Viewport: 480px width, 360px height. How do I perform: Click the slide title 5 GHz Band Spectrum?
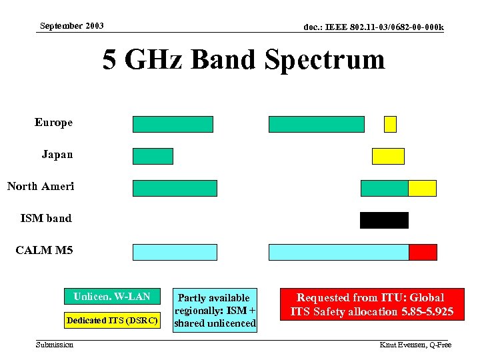pos(243,59)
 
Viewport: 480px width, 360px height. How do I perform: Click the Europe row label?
pos(53,123)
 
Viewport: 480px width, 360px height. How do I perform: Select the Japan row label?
pos(57,154)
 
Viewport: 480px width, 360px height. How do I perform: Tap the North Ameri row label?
pos(41,186)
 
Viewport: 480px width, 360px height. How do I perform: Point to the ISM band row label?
pos(46,218)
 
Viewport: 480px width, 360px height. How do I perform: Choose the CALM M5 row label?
pos(44,251)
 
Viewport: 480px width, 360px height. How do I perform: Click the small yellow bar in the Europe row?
pos(390,124)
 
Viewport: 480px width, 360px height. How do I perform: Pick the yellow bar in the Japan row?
pos(388,156)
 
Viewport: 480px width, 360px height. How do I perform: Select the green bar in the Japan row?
pos(153,156)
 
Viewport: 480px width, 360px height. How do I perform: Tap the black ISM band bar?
pos(384,220)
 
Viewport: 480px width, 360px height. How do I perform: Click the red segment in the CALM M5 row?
pos(423,252)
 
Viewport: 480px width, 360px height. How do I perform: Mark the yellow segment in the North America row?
pos(422,188)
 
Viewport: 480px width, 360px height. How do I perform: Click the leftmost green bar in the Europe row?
pos(173,124)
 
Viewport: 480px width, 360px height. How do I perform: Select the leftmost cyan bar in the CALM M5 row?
pos(175,252)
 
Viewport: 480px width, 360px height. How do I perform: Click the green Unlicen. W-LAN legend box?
pos(112,297)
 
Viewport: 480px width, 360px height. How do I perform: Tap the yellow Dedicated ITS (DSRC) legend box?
pos(112,321)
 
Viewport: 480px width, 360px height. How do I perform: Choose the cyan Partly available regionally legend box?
pos(214,310)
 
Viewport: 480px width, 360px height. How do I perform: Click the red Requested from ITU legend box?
pos(370,304)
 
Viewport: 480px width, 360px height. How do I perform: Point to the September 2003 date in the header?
pos(71,26)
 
